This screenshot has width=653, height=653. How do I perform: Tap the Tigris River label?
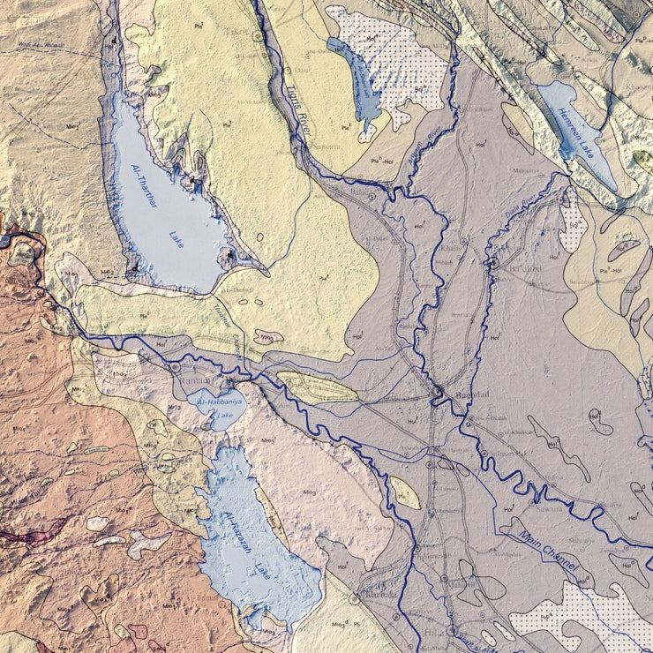[299, 109]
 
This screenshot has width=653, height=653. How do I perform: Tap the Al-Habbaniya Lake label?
[216, 408]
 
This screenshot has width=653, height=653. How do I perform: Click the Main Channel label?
[548, 549]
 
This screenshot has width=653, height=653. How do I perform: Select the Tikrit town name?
[236, 29]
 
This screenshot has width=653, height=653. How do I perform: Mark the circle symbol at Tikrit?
[257, 37]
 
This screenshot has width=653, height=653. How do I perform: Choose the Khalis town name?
[447, 250]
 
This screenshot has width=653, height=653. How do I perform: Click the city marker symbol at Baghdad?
[437, 389]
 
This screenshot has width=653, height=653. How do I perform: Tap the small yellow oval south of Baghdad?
[404, 493]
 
